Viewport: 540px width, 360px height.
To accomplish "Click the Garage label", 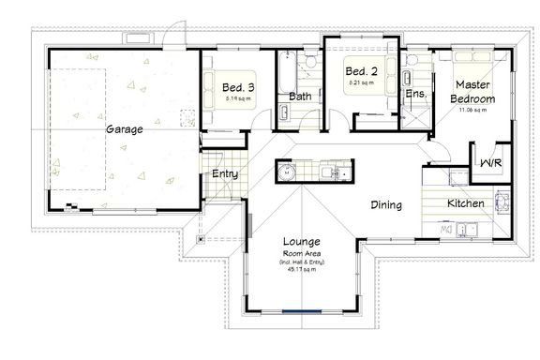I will point(124,129).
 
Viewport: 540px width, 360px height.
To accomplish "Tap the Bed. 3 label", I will point(238,88).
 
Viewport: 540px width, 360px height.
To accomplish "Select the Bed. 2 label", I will point(360,71).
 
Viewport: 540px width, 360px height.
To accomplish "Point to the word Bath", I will point(300,96).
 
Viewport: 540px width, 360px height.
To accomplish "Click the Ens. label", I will point(415,94).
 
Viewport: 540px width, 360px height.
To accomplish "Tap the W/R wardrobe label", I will point(489,164).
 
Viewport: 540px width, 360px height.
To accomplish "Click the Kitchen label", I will point(465,203).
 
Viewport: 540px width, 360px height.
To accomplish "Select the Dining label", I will point(385,205).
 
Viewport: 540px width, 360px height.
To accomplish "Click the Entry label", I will point(224,174).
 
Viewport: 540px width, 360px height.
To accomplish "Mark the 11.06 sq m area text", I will point(472,111).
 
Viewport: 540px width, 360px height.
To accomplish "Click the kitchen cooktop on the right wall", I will point(501,201).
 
